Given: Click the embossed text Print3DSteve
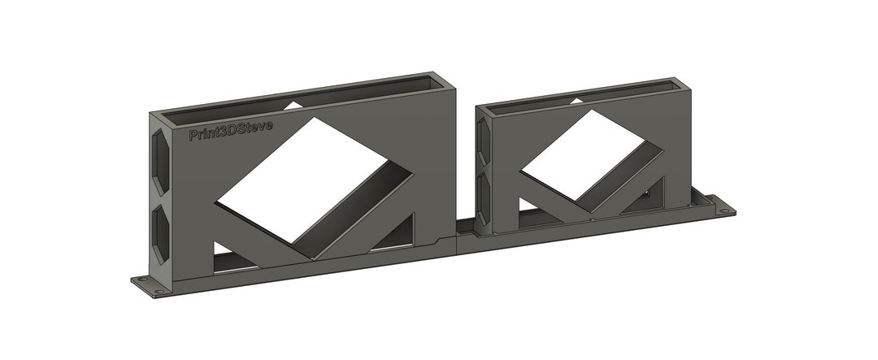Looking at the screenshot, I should [230, 130].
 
